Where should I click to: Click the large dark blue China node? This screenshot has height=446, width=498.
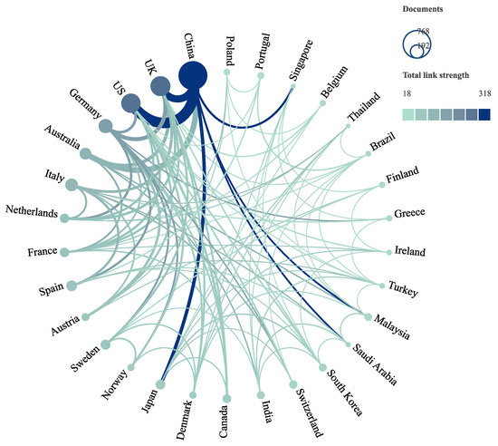point(192,76)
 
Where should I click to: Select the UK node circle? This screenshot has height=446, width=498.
point(160,86)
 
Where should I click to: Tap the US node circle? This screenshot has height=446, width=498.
point(131,103)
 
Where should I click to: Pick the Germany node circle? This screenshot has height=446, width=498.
point(105,126)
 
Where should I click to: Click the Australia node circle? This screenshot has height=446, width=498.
point(85,154)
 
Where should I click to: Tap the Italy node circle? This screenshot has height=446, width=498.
point(73,186)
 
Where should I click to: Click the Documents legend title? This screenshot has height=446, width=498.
point(425,7)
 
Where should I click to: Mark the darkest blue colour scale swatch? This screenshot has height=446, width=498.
point(484,114)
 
